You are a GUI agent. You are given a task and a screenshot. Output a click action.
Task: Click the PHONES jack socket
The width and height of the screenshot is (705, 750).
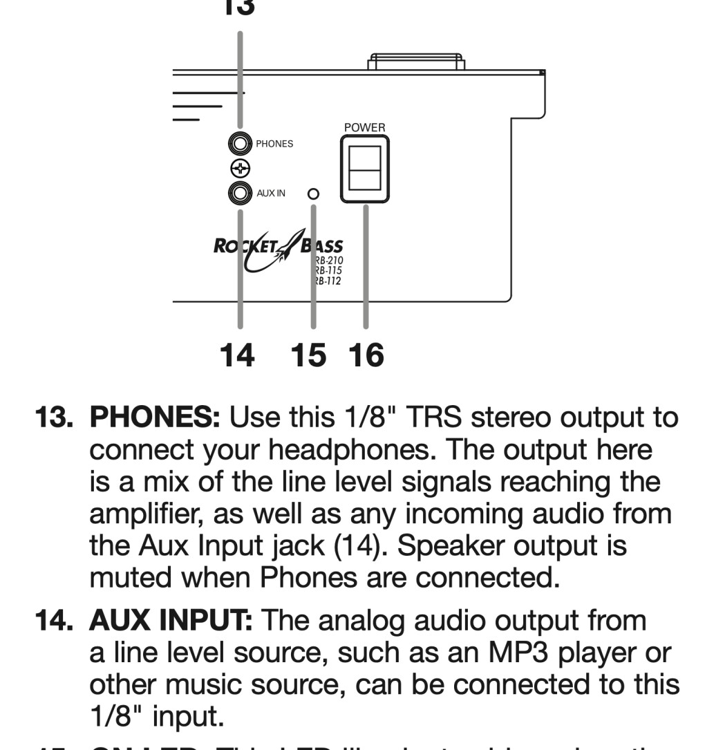(240, 144)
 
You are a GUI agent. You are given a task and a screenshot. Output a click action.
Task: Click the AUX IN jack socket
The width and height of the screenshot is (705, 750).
(240, 194)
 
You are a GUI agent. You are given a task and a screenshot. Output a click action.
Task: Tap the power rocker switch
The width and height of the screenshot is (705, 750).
(364, 168)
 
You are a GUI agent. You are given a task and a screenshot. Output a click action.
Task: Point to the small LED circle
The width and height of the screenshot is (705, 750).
(313, 194)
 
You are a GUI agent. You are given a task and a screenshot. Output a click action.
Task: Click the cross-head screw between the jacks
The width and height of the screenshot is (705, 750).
(240, 169)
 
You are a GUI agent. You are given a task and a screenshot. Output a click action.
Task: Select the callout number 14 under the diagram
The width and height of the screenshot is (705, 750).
(236, 355)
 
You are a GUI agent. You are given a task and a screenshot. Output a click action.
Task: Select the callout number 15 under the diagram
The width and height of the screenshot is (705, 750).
(308, 355)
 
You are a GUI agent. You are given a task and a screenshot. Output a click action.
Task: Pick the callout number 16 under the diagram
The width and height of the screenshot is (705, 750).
(366, 355)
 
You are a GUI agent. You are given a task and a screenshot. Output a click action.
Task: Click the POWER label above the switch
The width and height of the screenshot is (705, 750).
(364, 128)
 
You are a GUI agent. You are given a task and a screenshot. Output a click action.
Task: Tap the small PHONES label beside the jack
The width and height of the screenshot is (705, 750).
(274, 144)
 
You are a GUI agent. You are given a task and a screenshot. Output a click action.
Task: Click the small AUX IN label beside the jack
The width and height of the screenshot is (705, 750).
(270, 194)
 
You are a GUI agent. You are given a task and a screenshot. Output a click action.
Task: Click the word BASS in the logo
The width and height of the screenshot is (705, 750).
(322, 247)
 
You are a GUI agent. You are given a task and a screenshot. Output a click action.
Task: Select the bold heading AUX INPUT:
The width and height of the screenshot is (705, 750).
(169, 621)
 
